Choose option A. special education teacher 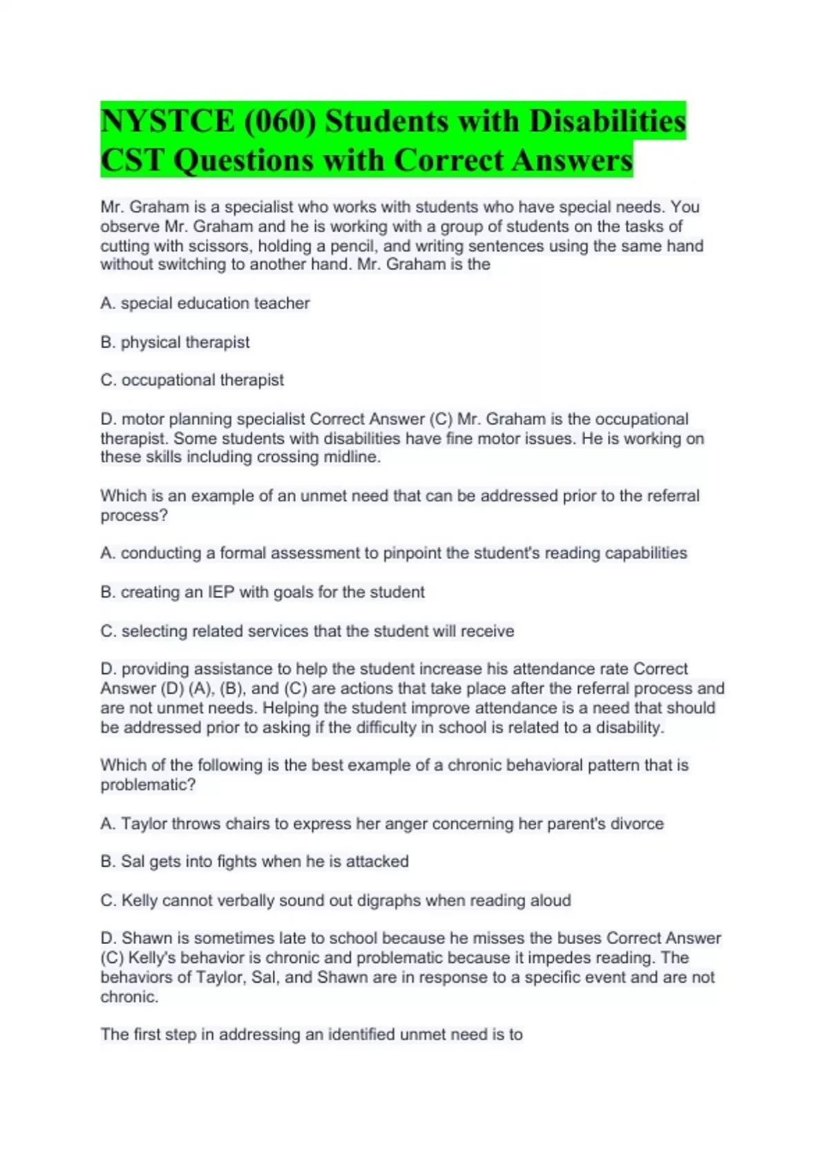coord(205,303)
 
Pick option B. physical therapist coord(175,342)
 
